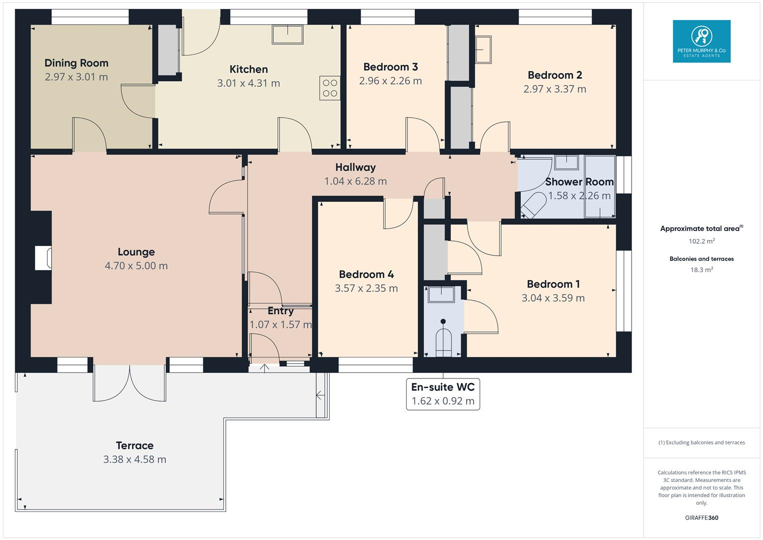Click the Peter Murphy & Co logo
point(701,41)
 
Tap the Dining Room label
point(76,63)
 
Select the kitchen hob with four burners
point(330,88)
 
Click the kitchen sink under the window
point(288,34)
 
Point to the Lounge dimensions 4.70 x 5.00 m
point(136,266)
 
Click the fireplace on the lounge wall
point(42,258)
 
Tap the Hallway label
point(355,167)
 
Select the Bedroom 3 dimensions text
point(390,81)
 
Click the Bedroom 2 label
point(555,75)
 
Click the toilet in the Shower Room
point(533,205)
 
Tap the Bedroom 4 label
point(366,274)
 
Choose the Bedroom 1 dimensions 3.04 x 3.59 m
point(553,298)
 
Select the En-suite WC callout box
point(443,394)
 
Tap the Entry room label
point(280,311)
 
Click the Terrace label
point(134,445)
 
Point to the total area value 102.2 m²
point(701,241)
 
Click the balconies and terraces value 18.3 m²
point(701,269)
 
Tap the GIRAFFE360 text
point(701,517)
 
